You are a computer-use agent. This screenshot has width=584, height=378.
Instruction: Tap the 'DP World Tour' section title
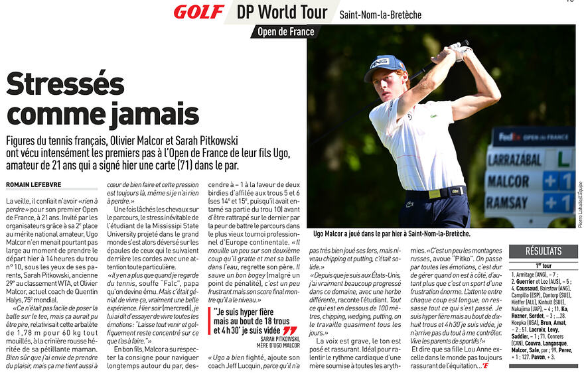click(x=282, y=13)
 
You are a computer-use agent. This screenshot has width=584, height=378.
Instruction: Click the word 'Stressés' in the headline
click(x=65, y=84)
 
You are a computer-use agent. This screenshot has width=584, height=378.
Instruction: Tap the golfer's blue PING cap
click(x=386, y=65)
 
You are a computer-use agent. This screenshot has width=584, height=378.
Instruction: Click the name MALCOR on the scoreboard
click(x=508, y=180)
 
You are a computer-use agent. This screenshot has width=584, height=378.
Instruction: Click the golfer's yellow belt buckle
click(x=434, y=194)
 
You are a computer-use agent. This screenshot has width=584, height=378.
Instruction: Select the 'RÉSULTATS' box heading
click(x=544, y=251)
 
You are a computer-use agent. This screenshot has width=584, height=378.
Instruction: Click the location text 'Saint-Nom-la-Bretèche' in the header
click(x=380, y=15)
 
